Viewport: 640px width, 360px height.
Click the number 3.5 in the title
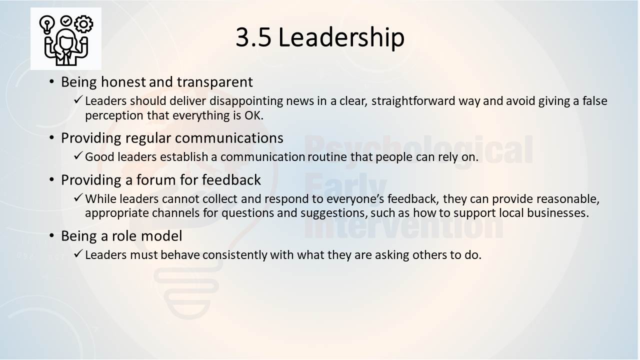[253, 37]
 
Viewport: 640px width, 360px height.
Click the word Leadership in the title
[341, 38]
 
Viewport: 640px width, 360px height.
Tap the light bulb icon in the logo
[47, 25]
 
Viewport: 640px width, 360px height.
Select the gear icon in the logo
[83, 23]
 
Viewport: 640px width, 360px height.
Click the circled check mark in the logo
[66, 20]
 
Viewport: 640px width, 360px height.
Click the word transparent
[215, 82]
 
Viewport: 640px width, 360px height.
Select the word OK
[253, 115]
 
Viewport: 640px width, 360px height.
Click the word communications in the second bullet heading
[229, 138]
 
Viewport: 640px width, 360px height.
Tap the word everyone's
[355, 199]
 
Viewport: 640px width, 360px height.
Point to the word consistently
[234, 255]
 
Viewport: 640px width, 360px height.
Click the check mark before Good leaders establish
[78, 156]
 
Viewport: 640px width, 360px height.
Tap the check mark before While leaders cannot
[78, 197]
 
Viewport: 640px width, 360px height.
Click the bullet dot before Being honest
[51, 82]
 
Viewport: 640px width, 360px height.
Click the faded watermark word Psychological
[418, 150]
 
